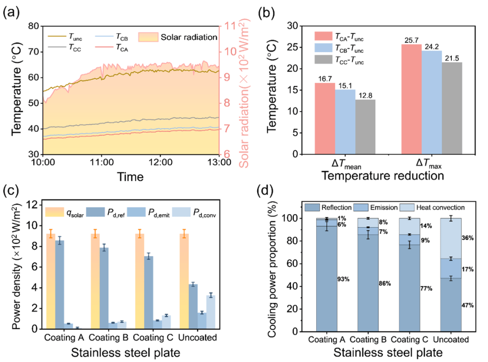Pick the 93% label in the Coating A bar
(343, 279)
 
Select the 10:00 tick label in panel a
(43, 162)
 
